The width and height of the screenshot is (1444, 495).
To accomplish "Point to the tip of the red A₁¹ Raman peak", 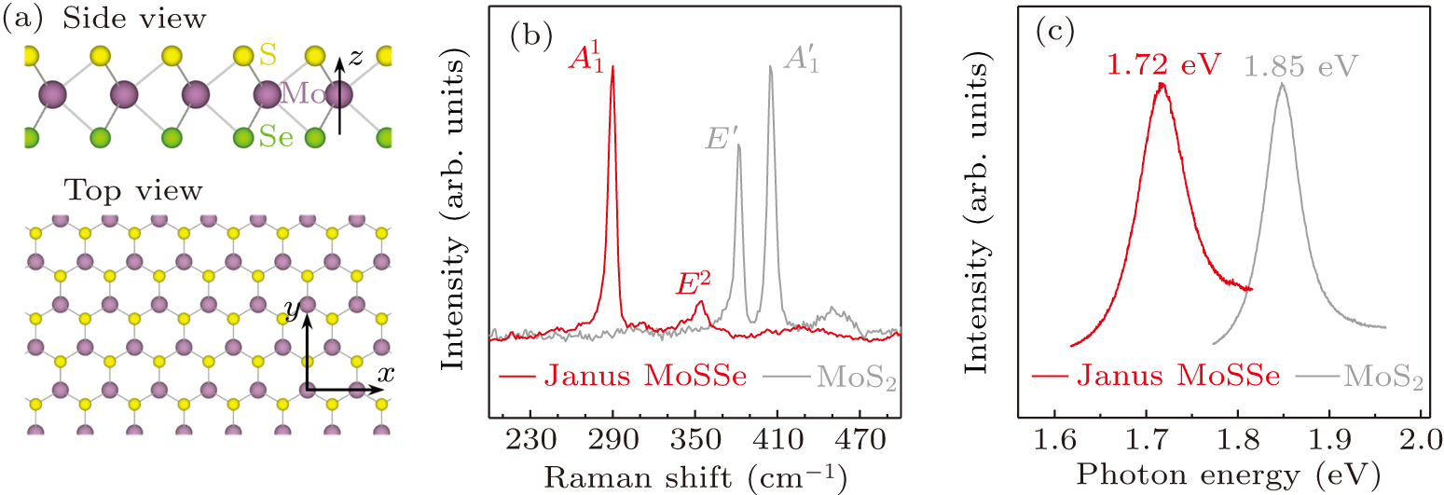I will (612, 66).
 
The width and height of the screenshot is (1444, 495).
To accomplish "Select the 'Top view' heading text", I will (132, 191).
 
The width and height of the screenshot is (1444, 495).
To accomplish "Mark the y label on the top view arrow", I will (291, 316).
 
